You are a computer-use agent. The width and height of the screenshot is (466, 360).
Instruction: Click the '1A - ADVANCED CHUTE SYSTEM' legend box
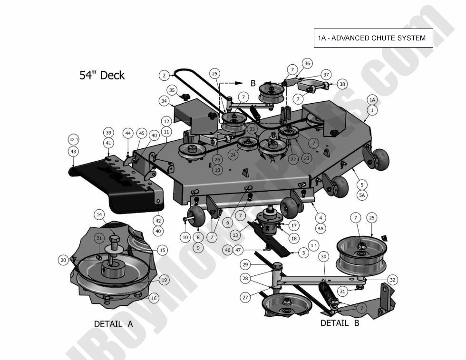(x=373, y=38)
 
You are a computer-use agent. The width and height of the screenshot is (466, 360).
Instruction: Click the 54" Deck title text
(x=102, y=75)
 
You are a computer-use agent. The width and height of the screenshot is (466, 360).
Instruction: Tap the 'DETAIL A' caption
(x=113, y=324)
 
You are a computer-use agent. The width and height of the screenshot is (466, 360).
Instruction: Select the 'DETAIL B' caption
(x=340, y=323)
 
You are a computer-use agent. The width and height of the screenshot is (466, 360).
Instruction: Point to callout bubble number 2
(x=164, y=75)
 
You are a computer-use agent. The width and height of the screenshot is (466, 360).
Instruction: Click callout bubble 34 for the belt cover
(x=165, y=101)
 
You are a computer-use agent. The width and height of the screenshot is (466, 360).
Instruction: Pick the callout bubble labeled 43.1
(x=74, y=140)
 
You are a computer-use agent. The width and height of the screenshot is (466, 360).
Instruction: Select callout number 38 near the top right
(x=342, y=84)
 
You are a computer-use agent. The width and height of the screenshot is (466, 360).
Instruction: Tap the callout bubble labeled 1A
(x=372, y=100)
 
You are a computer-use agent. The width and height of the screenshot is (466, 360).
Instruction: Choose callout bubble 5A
(x=362, y=194)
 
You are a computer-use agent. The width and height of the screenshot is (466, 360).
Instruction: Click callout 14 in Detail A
(x=99, y=214)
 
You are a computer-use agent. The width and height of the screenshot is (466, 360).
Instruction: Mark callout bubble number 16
(x=154, y=298)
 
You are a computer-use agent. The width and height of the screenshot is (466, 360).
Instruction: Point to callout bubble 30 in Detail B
(x=323, y=257)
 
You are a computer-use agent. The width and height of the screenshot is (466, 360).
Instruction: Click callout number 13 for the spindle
(x=234, y=235)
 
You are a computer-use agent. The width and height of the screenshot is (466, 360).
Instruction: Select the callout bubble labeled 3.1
(x=313, y=245)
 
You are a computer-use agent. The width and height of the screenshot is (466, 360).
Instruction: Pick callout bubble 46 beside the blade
(x=228, y=250)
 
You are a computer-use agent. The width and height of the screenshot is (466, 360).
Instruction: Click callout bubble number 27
(x=245, y=298)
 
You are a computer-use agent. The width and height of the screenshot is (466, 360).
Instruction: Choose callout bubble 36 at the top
(x=308, y=63)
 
